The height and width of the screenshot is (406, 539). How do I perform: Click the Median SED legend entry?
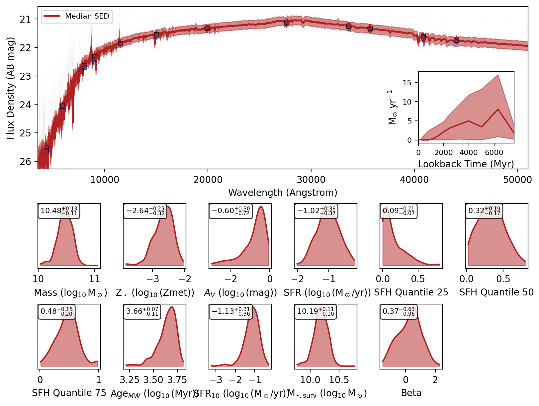[77, 16]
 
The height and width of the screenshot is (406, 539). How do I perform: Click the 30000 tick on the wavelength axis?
[311, 180]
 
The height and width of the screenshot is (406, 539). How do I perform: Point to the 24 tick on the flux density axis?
[25, 105]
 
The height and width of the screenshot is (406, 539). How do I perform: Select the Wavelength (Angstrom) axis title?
[283, 193]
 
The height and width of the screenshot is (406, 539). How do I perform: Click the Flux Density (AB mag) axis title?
[11, 88]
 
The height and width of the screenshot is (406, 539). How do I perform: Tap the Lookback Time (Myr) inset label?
[466, 164]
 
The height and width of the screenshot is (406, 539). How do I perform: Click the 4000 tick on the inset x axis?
[469, 152]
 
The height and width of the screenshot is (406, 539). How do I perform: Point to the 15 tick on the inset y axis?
[407, 83]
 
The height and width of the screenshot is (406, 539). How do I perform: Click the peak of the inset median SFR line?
[498, 109]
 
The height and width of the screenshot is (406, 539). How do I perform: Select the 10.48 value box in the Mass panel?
[59, 211]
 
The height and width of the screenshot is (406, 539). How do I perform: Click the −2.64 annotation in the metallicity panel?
[145, 211]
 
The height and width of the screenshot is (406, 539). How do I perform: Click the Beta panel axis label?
[411, 393]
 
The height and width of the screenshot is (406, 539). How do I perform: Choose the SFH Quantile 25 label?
[411, 292]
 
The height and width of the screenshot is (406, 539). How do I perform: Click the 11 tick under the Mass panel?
[95, 279]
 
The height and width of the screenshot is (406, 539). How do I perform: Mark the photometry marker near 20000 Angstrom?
[207, 28]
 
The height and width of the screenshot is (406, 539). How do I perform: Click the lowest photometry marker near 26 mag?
[46, 149]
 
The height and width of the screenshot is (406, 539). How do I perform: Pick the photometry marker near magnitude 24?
[62, 106]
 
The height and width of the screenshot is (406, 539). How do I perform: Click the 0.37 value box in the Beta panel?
[399, 312]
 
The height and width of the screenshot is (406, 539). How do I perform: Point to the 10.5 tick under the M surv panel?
[339, 380]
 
